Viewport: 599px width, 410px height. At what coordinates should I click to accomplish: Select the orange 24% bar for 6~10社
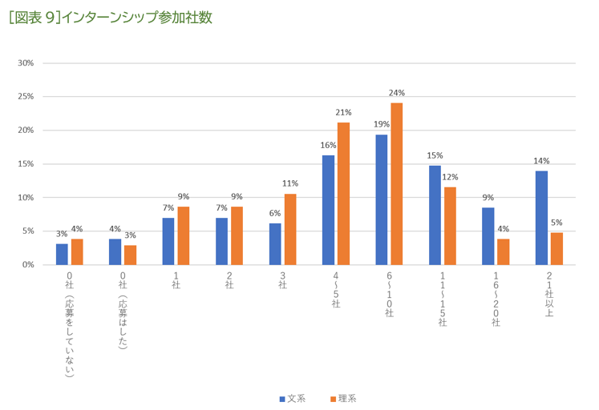(x=396, y=183)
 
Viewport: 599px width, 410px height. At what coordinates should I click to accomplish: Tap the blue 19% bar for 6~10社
(x=382, y=199)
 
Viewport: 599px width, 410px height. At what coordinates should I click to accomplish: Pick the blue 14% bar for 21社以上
(x=541, y=217)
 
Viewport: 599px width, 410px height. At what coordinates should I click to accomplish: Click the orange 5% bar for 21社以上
(x=557, y=248)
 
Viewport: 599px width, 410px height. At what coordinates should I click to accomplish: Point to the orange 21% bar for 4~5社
(x=343, y=193)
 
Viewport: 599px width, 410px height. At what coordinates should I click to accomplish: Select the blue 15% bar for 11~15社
(x=435, y=215)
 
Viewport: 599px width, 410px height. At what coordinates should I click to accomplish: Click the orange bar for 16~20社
(x=503, y=251)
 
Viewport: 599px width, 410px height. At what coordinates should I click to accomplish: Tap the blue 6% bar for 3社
(x=275, y=243)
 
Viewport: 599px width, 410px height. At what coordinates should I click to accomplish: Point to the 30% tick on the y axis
(x=26, y=63)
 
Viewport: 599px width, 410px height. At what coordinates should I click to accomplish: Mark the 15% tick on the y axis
(x=26, y=164)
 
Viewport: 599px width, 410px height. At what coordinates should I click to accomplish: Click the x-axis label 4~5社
(x=336, y=292)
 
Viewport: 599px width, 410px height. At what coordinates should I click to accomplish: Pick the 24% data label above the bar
(x=396, y=93)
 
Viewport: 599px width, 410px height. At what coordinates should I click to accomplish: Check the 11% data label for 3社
(x=289, y=183)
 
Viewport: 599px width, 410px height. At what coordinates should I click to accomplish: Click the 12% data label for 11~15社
(x=450, y=177)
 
